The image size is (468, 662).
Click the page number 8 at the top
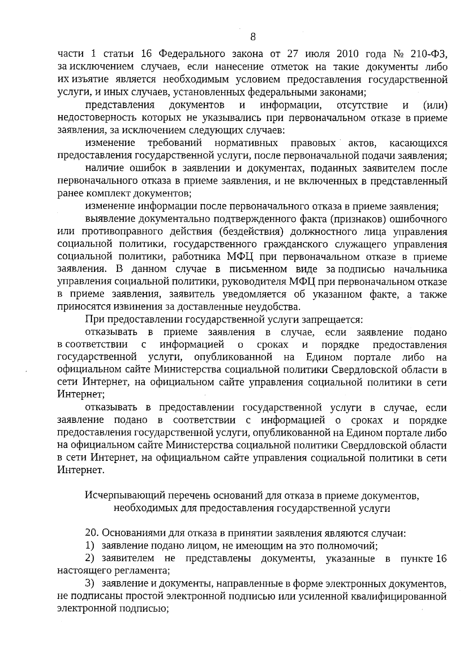[253, 37]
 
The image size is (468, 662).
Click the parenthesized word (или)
[435, 105]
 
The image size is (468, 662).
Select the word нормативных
[246, 142]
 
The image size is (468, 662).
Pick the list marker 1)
[90, 545]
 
